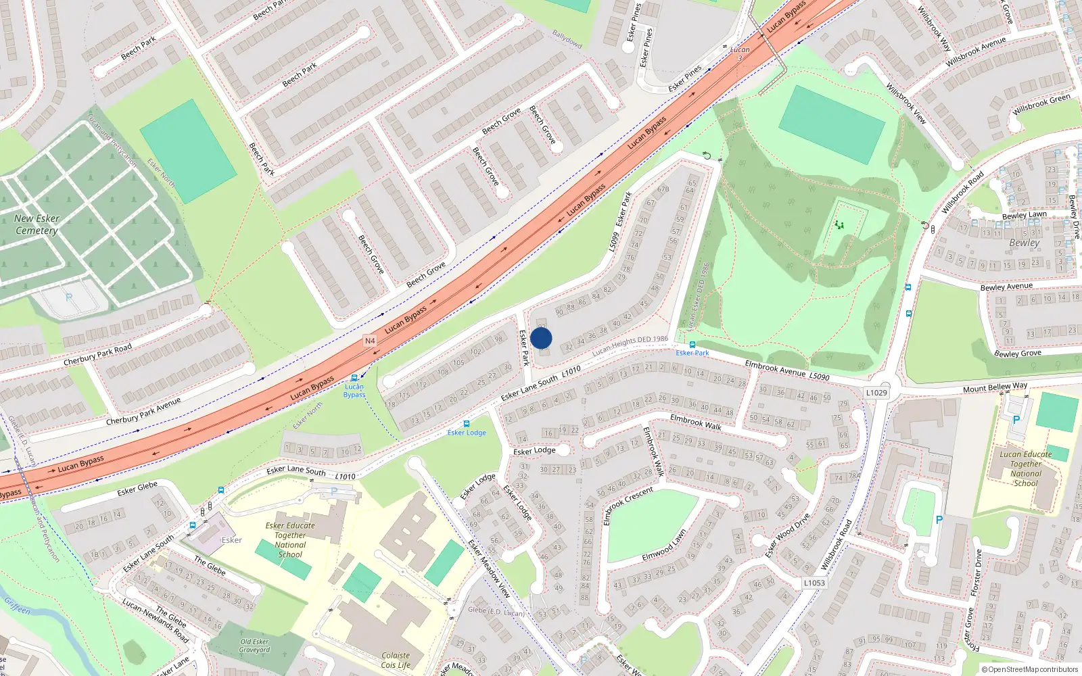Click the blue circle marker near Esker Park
tap(541, 338)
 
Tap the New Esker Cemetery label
tap(37, 224)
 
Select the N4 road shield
tap(370, 341)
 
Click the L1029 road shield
tap(876, 393)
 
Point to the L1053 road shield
tap(814, 583)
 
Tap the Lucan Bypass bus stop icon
tap(354, 379)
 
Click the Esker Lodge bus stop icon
tap(466, 424)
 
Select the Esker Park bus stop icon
tap(692, 345)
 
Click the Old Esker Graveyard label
tap(254, 646)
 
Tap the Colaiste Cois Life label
tap(396, 660)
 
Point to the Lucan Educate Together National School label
tap(1025, 468)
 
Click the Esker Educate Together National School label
tap(290, 539)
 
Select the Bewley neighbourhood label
tap(1024, 243)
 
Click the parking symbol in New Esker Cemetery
tap(68, 297)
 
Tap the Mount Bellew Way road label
tap(995, 387)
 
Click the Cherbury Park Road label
tap(97, 354)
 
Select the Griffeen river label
tap(17, 605)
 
